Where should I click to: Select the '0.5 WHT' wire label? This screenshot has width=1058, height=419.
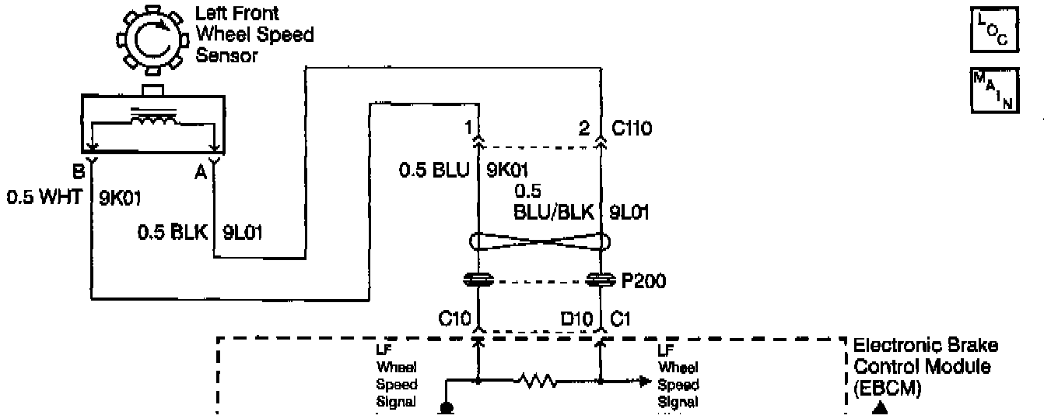click(x=45, y=197)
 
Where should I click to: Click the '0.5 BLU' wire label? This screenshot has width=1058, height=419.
click(x=435, y=168)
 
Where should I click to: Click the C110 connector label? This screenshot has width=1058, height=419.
click(x=631, y=129)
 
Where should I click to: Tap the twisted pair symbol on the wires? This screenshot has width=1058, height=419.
click(x=539, y=242)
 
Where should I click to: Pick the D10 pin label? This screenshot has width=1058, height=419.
click(x=578, y=318)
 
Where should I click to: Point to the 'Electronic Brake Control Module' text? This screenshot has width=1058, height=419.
click(x=925, y=356)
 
